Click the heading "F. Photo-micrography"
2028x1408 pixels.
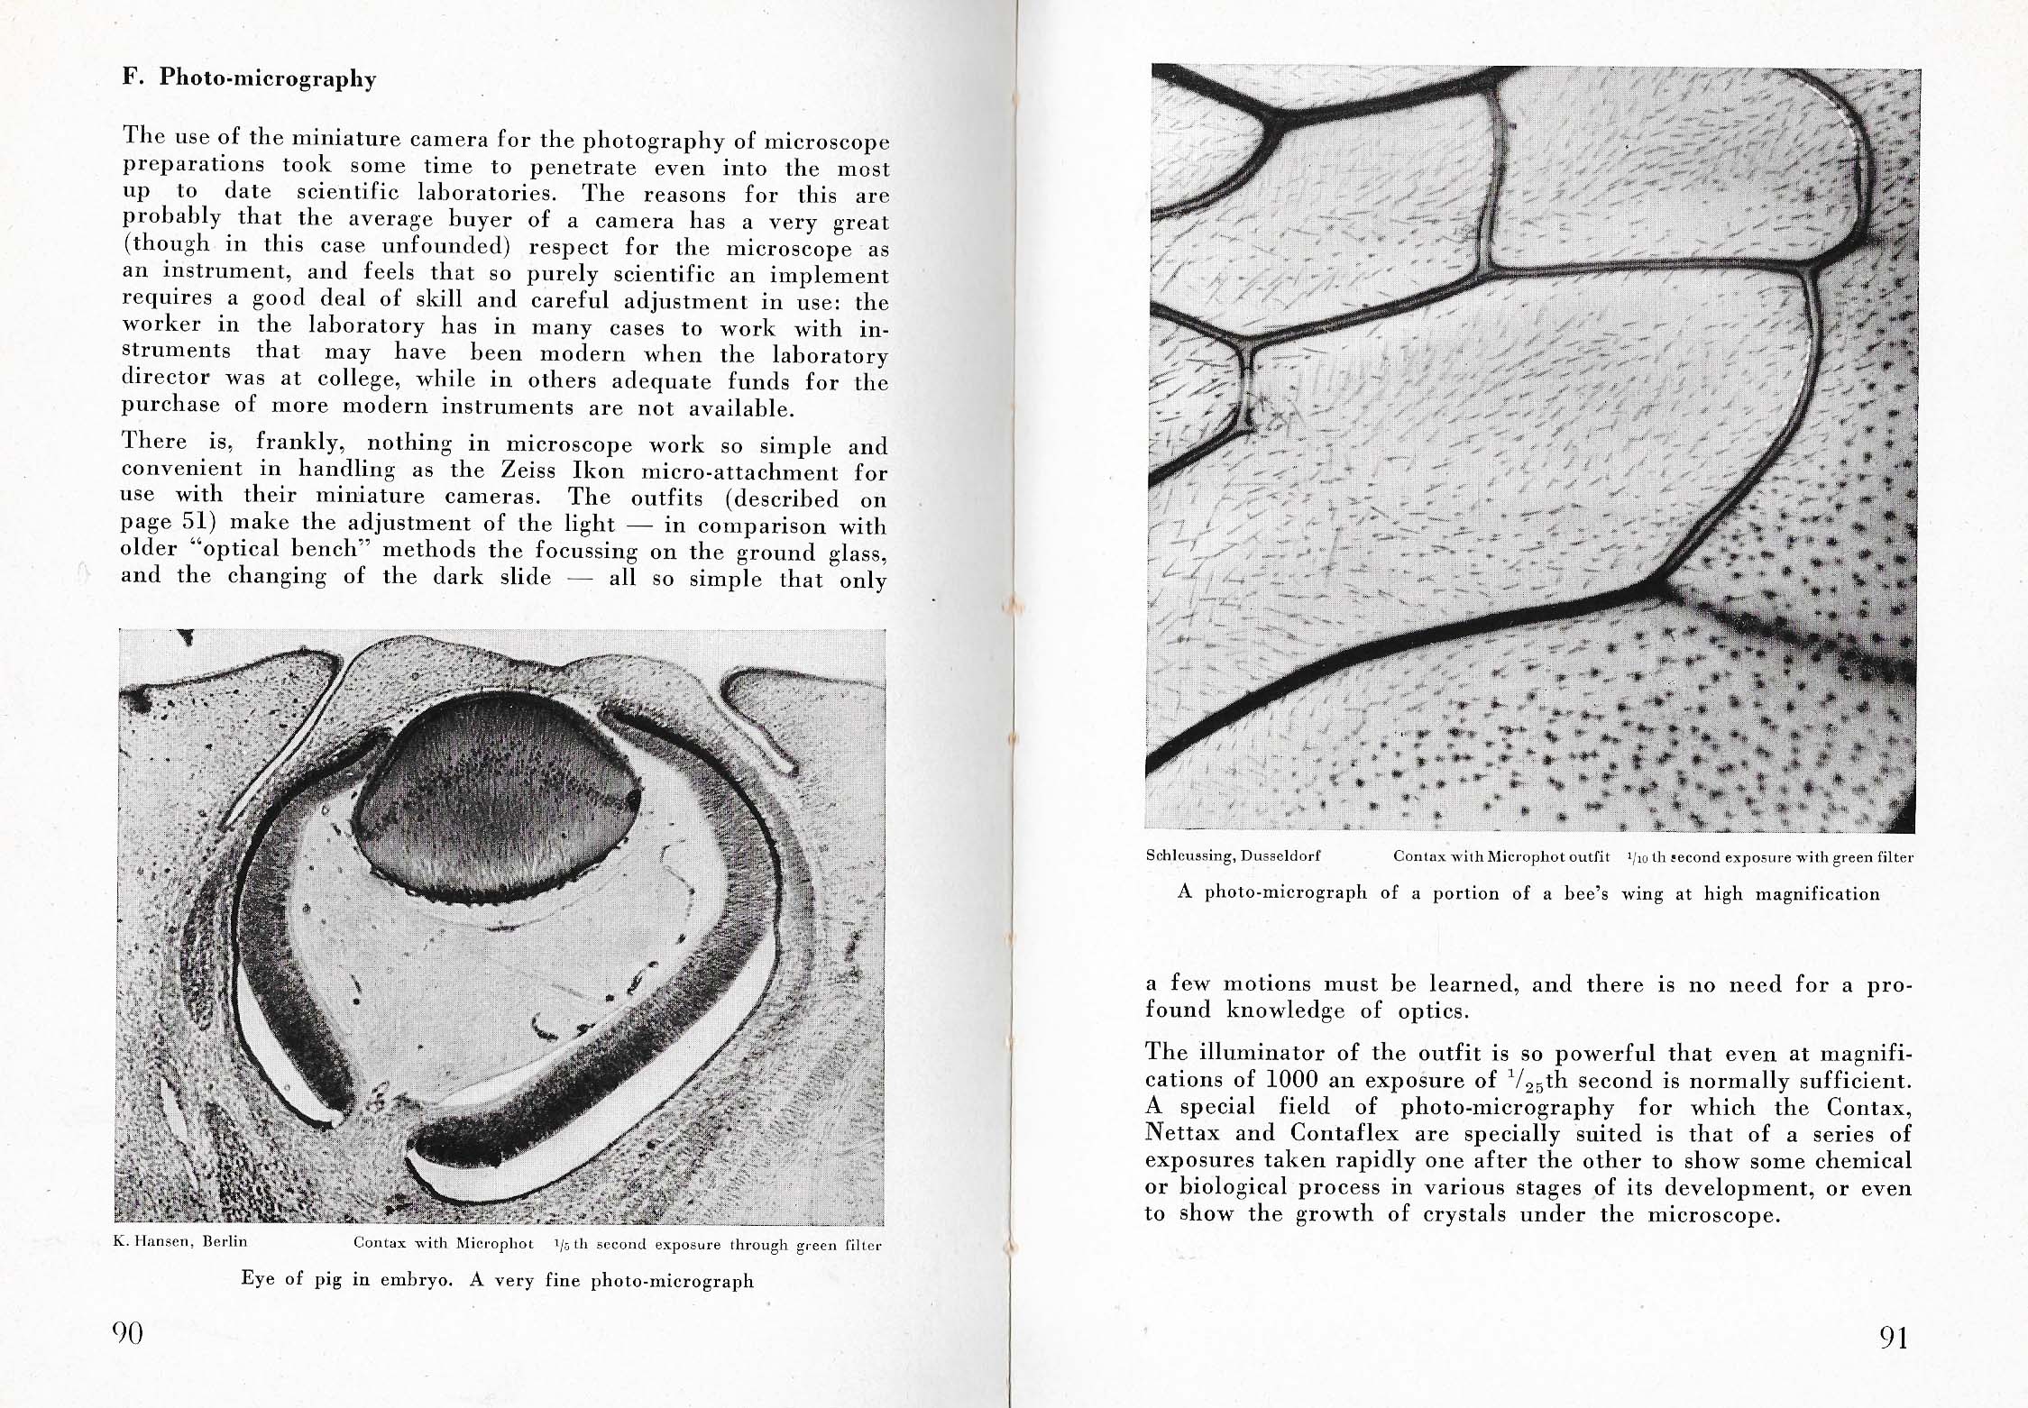click(x=249, y=78)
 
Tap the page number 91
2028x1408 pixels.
click(x=1894, y=1338)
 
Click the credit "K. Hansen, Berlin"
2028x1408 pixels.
click(x=180, y=1241)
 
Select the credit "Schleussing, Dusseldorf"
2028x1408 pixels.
click(x=1233, y=855)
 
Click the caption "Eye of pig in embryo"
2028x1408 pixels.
click(x=346, y=1279)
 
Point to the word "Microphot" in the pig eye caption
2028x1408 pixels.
click(x=494, y=1243)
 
